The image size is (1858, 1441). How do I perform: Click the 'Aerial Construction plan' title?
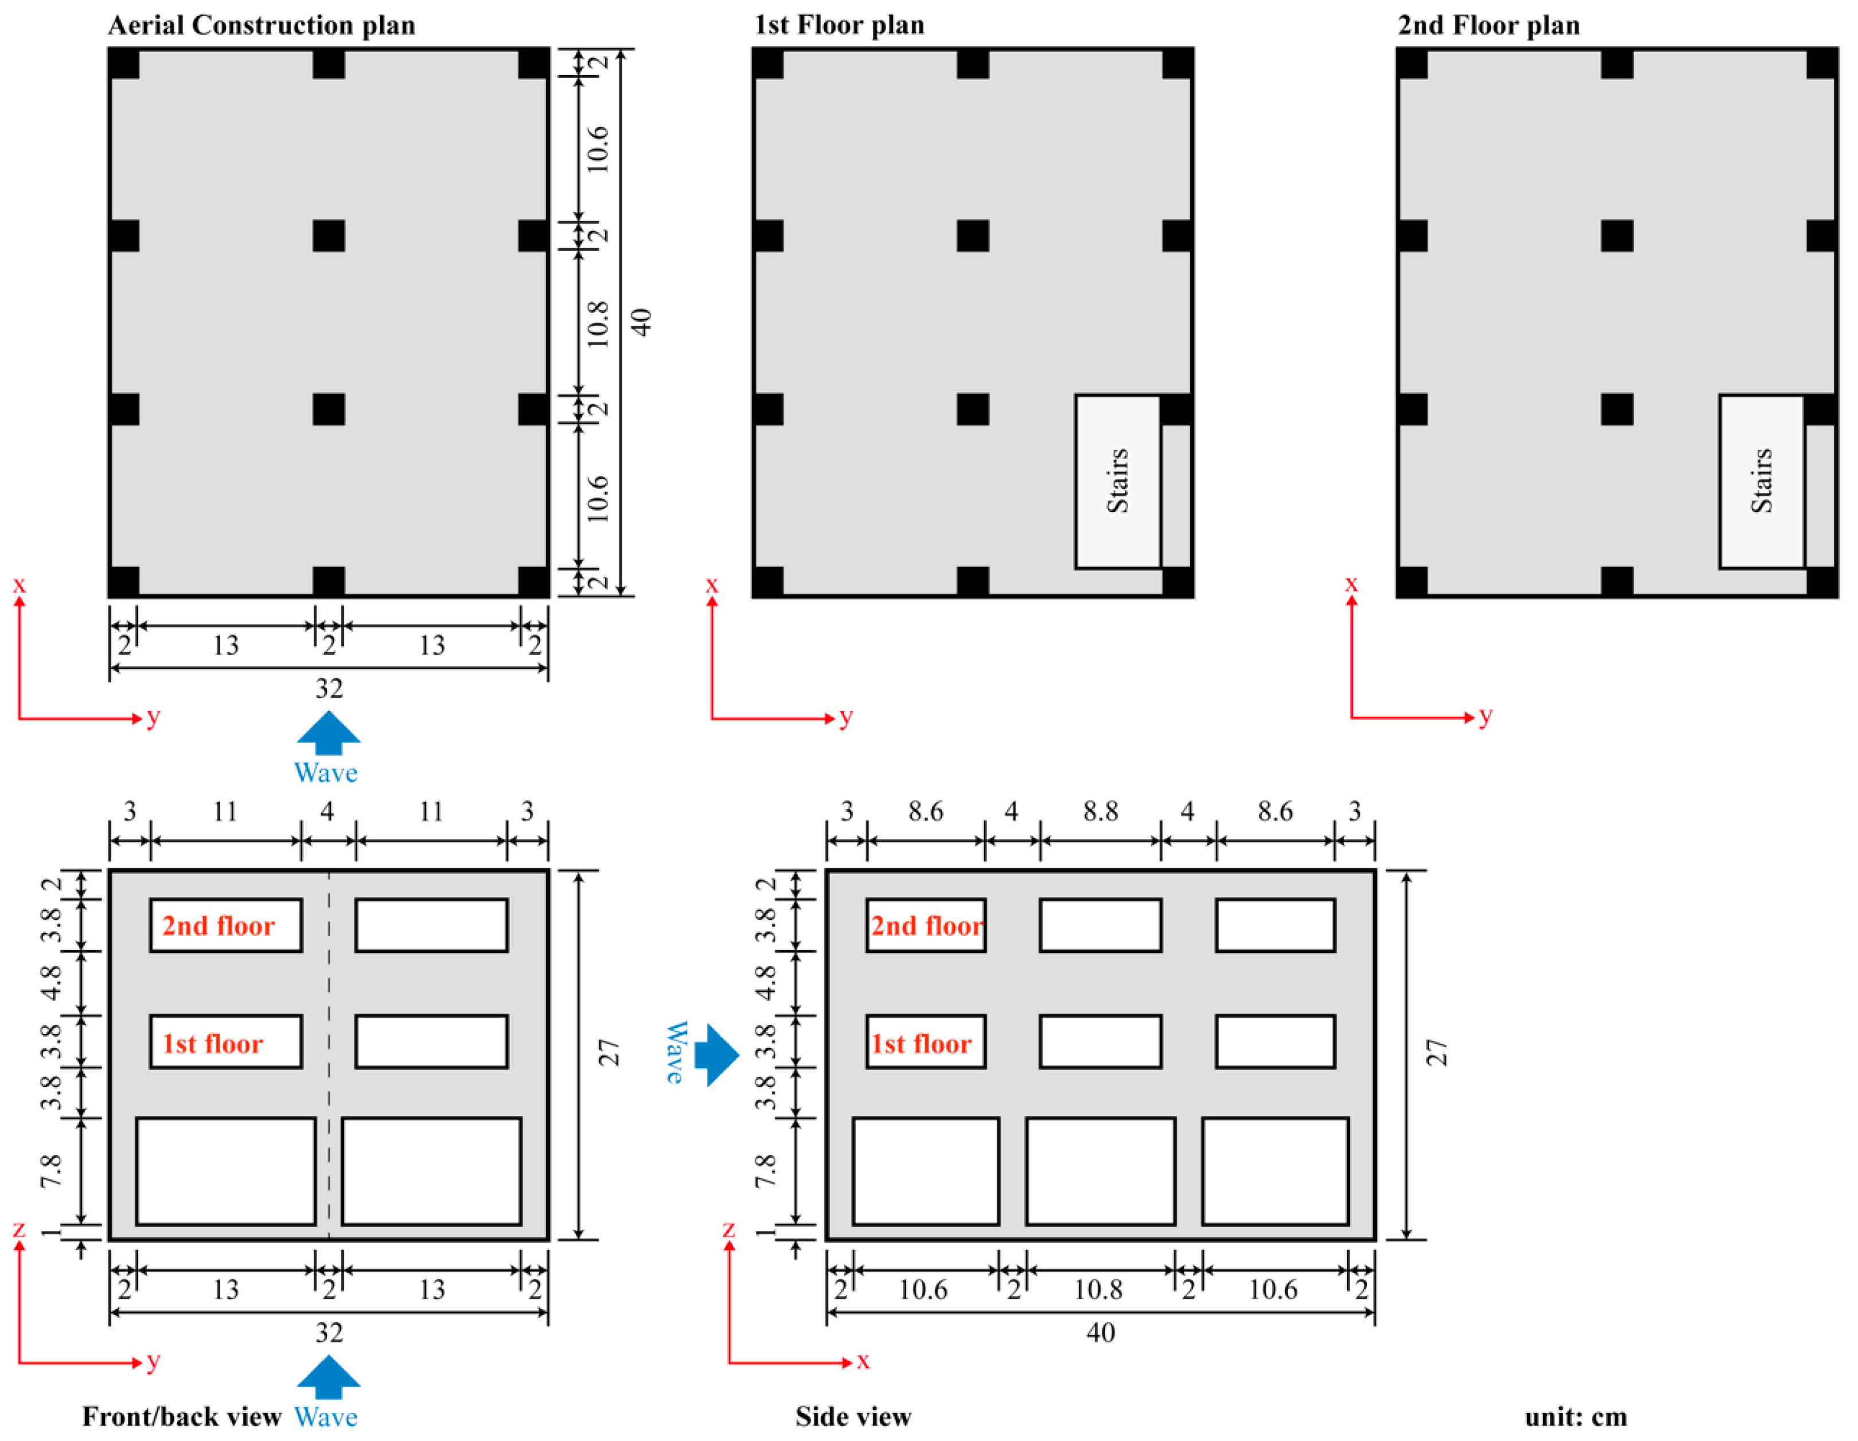pos(261,26)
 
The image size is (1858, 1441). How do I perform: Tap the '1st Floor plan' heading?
pos(839,26)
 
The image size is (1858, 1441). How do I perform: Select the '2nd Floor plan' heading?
pos(1488,26)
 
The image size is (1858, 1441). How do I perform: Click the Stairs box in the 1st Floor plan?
pos(1117,481)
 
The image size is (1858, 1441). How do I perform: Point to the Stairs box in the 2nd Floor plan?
pos(1761,481)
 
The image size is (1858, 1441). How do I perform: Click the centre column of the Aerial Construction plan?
pos(329,236)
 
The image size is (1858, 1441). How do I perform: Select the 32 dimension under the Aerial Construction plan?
pos(329,688)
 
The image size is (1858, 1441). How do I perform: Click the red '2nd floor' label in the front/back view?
pos(218,925)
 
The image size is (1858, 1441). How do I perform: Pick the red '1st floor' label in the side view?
pos(922,1044)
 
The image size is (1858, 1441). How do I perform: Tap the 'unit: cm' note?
pos(1575,1416)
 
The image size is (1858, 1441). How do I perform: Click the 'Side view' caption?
pos(852,1416)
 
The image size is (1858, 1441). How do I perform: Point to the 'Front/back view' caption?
pos(181,1416)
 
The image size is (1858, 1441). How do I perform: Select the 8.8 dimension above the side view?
pos(1100,811)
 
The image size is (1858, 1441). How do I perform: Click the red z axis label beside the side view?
pos(728,1229)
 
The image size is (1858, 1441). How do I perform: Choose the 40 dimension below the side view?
pos(1100,1332)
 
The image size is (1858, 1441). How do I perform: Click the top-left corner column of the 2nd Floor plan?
pos(1412,64)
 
